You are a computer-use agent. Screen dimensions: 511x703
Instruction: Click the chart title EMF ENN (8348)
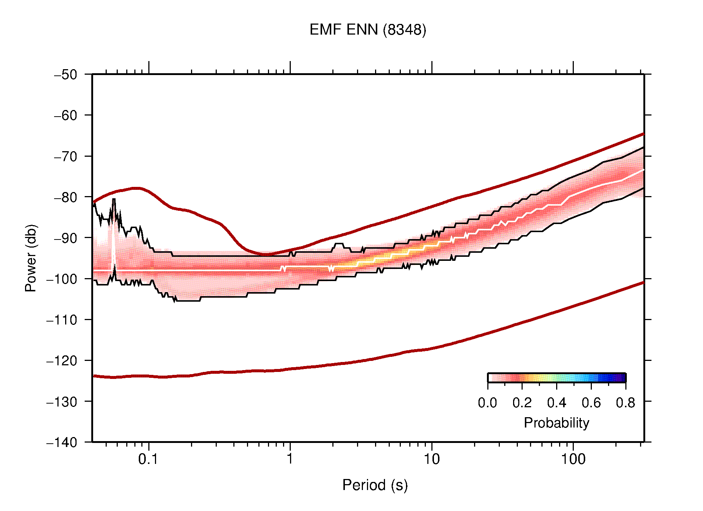pos(368,30)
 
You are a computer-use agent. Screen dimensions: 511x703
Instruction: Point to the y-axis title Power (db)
pos(31,258)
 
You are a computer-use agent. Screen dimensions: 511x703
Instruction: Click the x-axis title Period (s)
pos(375,485)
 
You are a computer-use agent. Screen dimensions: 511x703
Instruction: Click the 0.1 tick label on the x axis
pos(148,459)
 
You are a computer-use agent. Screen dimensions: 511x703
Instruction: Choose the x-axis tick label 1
pos(290,459)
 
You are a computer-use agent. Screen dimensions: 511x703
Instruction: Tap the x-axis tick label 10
pos(431,459)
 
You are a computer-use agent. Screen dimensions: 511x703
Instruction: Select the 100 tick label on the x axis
pos(573,459)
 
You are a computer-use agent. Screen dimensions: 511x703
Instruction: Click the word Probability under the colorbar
pos(556,423)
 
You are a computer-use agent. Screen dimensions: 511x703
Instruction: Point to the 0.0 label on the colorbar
pos(487,403)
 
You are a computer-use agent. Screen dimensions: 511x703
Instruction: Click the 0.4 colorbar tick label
pos(557,403)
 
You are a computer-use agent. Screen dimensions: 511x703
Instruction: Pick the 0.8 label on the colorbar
pos(625,403)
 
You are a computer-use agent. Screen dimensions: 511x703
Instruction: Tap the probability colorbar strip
pos(557,378)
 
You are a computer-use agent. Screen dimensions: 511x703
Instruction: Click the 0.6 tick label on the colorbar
pos(591,403)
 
